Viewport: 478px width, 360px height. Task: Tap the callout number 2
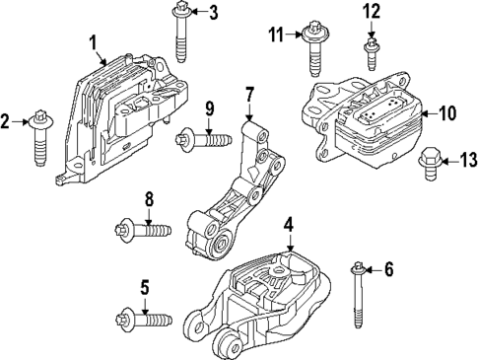click(x=7, y=121)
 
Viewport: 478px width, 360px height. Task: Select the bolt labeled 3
click(x=183, y=34)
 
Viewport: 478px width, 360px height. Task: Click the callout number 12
click(x=372, y=12)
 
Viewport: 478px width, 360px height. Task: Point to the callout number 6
click(x=387, y=268)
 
